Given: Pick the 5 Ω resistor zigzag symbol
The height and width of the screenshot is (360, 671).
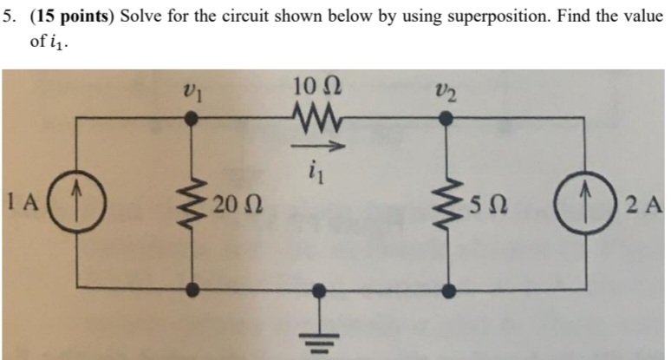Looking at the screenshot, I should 448,206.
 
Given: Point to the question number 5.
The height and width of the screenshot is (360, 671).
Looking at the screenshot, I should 9,18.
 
